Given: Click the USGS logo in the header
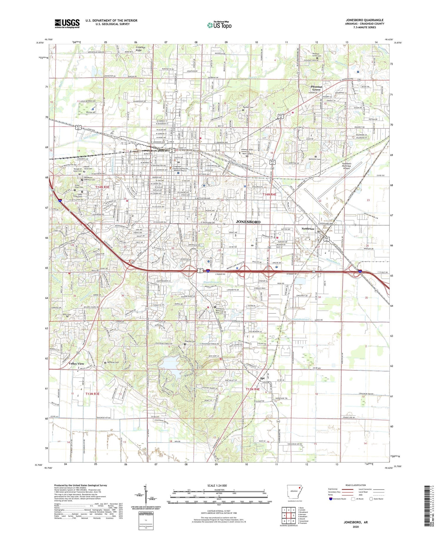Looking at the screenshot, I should [x=67, y=24].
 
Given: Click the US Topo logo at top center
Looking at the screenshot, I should [x=219, y=25].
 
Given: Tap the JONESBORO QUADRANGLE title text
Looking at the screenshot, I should [x=365, y=20].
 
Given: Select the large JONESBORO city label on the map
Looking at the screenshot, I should [x=248, y=222].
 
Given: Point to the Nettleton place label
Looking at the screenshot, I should [x=308, y=228].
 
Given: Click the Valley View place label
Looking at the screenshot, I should [x=76, y=364].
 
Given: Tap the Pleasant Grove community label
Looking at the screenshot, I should [x=317, y=88].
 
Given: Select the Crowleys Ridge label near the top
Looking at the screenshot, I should [x=141, y=49].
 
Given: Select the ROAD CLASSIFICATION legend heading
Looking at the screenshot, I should [x=356, y=485].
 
